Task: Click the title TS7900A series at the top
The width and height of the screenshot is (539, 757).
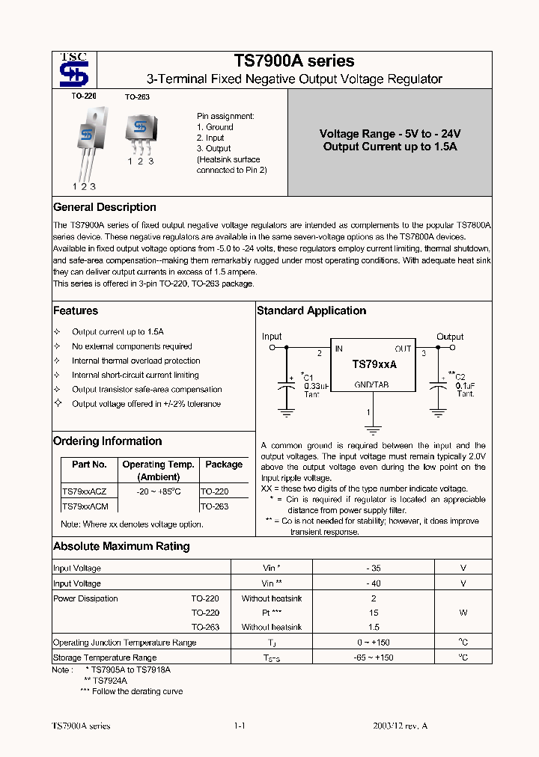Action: [294, 61]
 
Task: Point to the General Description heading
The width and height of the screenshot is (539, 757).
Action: [105, 207]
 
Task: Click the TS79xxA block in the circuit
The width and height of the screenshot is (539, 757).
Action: [374, 364]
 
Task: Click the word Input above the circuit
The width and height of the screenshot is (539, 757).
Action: [272, 337]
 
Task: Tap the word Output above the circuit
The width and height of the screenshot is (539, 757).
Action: [450, 337]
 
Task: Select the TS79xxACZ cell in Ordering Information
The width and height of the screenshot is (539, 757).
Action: [84, 491]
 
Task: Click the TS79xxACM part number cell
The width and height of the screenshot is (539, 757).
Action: [85, 506]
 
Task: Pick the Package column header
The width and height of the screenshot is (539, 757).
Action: [224, 465]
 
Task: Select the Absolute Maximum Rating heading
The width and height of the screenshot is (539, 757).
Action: [121, 546]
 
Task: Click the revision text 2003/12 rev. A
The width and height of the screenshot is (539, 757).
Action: [401, 726]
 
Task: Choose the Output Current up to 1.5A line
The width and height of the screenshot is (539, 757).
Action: [390, 147]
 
